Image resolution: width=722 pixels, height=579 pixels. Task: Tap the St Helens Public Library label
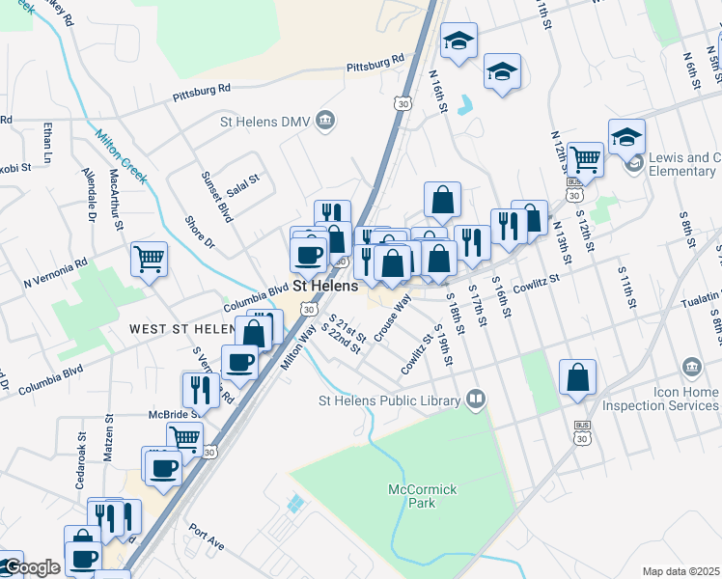pyautogui.click(x=392, y=400)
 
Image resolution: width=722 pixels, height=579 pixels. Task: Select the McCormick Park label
pyautogui.click(x=422, y=496)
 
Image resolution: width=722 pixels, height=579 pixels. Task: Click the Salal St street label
pyautogui.click(x=244, y=179)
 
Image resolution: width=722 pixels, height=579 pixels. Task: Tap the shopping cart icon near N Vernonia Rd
pyautogui.click(x=150, y=258)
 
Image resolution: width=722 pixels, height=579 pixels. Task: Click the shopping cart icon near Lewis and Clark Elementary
pyautogui.click(x=584, y=157)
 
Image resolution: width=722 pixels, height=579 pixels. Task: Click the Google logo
pyautogui.click(x=31, y=567)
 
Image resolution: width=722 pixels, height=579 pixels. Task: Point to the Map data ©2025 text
pyautogui.click(x=680, y=571)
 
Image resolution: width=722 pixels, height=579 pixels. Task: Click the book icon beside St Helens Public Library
pyautogui.click(x=475, y=398)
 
